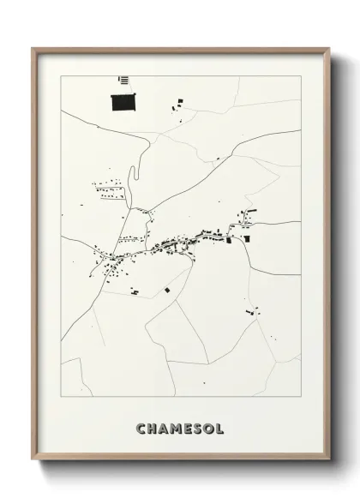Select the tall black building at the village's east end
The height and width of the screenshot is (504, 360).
coord(247,237)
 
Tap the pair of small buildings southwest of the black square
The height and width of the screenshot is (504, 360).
coord(135,292)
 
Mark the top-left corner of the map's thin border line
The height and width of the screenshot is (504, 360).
coord(62,75)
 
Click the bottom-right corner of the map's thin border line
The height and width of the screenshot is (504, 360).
coord(300,397)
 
